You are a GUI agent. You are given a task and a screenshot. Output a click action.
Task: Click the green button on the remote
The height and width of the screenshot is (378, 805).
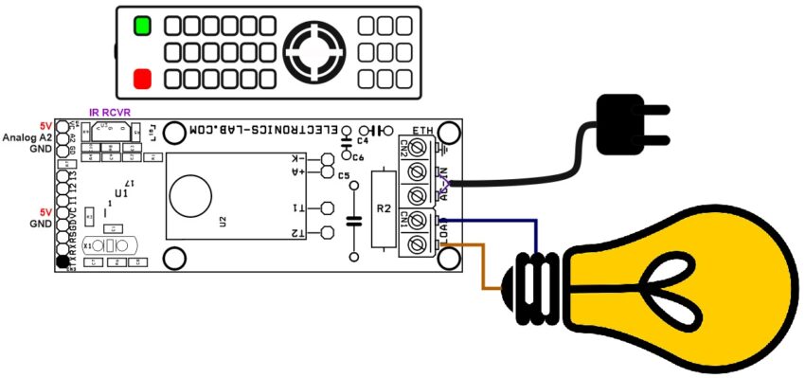(x=142, y=26)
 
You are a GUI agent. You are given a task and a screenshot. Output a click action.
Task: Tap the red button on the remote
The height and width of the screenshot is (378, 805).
(x=142, y=78)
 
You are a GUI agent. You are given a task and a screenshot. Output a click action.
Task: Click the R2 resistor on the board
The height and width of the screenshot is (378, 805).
(x=383, y=209)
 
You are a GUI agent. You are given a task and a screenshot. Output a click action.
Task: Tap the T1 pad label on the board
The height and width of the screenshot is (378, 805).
(x=297, y=207)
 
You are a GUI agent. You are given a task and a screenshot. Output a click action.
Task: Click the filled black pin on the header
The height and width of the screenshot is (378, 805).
(x=63, y=261)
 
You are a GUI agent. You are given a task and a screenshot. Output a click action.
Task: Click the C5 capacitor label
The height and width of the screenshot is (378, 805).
(x=343, y=176)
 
